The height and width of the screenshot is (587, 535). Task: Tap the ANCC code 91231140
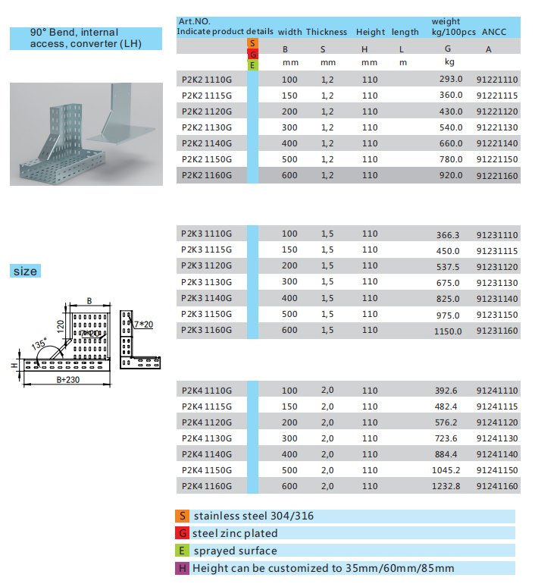click(x=497, y=299)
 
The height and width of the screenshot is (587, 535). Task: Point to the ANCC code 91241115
click(x=497, y=407)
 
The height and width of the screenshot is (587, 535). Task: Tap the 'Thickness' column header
click(x=327, y=32)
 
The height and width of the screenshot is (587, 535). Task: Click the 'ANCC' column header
click(x=494, y=32)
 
